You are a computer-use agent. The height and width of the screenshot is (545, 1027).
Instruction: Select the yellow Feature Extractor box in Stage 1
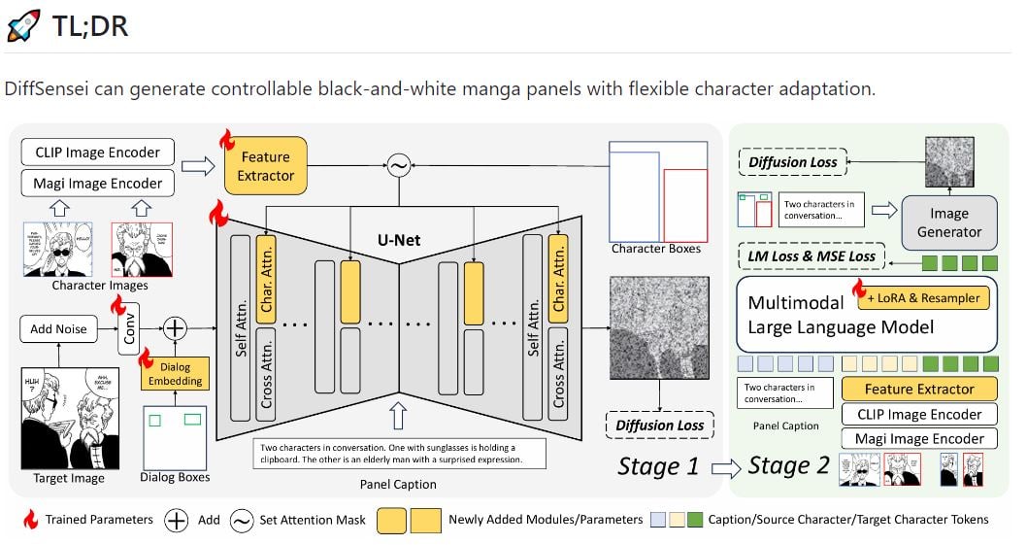[x=265, y=166]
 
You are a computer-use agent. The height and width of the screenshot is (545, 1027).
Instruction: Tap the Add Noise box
[x=58, y=328]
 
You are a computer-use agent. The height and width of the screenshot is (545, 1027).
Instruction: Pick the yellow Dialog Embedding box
[x=176, y=373]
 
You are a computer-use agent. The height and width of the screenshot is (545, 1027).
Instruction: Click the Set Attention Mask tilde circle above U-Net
[x=397, y=166]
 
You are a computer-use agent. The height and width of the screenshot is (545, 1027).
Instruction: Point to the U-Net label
[x=399, y=239]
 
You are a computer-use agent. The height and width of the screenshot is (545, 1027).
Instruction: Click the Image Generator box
[x=948, y=222]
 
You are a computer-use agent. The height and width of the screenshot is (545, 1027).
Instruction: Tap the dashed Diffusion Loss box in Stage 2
[x=793, y=162]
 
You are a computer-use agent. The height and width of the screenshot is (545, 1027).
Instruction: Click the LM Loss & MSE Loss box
[x=812, y=256]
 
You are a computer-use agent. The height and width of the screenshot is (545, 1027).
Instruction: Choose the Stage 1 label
[x=658, y=465]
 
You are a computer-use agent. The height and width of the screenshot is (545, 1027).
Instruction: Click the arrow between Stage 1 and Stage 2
[x=724, y=467]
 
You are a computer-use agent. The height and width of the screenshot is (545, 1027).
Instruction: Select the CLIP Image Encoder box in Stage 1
[x=97, y=152]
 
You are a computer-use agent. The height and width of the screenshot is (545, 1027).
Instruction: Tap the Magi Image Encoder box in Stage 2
[x=918, y=439]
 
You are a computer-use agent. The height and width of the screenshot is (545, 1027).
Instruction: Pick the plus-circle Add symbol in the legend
[x=175, y=520]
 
